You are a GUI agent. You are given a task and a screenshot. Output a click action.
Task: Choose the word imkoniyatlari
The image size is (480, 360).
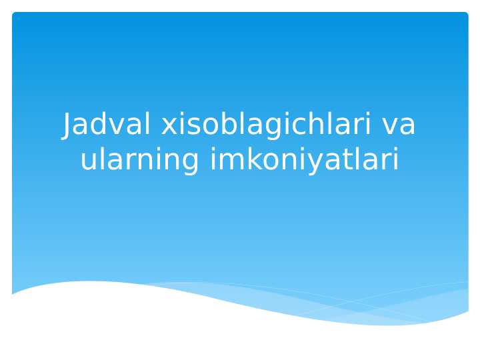(305, 160)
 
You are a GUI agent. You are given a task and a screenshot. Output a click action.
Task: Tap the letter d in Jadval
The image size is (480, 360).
(97, 125)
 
